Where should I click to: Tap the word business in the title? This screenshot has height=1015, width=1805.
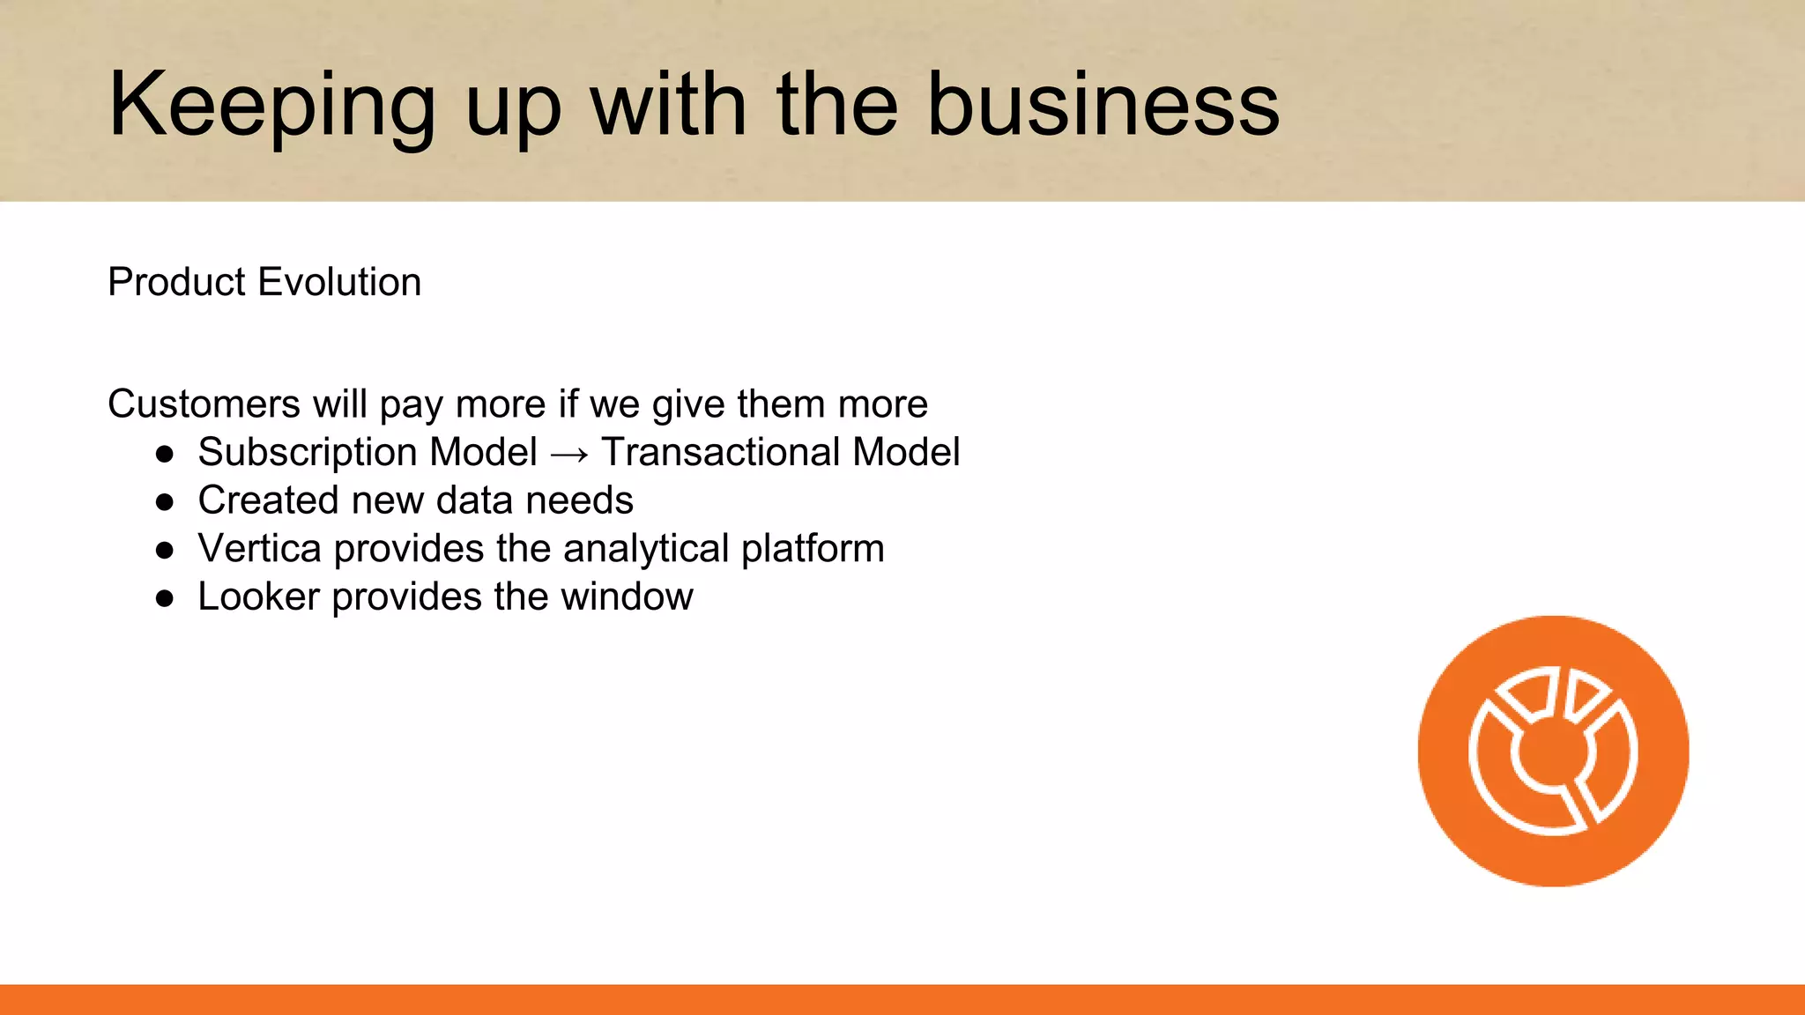click(x=1103, y=106)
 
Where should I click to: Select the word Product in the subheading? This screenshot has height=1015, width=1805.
click(x=176, y=282)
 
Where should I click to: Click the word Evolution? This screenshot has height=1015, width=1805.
click(x=339, y=282)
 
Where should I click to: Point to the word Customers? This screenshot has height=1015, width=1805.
click(x=204, y=404)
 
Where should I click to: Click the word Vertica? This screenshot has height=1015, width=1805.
click(x=259, y=549)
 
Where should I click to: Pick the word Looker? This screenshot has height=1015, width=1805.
click(x=258, y=596)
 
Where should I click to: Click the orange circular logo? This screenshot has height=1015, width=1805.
click(x=1553, y=751)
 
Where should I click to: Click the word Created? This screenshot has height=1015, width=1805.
click(x=268, y=500)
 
